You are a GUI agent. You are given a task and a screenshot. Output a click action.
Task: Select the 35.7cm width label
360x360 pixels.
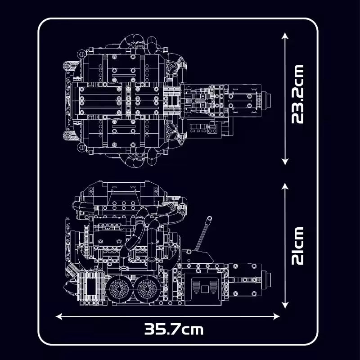pos(174,329)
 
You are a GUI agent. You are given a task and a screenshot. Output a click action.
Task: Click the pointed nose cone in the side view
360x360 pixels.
pos(69,283)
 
